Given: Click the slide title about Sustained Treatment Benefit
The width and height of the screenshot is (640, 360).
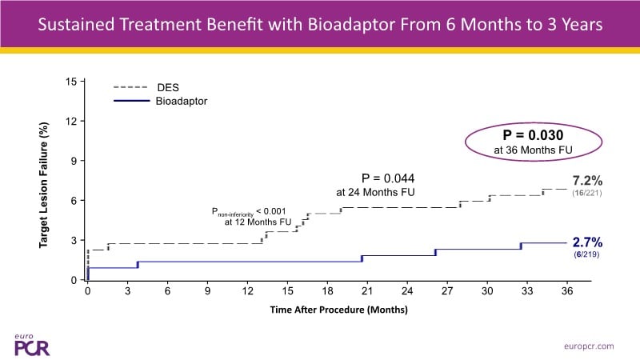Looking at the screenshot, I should pos(320,26).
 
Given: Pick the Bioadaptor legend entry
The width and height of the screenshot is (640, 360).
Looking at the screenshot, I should pos(181,102).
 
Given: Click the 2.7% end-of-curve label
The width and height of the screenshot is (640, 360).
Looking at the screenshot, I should pos(586,241).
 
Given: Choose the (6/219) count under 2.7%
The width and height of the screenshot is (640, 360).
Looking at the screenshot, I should pos(586,254).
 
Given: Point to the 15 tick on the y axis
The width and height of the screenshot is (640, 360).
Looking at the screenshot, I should pos(71,82).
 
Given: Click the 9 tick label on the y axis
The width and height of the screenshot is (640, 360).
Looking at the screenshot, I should pos(74,161).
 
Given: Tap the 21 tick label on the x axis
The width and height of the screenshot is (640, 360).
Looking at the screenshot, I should pos(368,293).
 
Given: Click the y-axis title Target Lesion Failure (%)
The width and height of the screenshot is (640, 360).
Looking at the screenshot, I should pos(46,183).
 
